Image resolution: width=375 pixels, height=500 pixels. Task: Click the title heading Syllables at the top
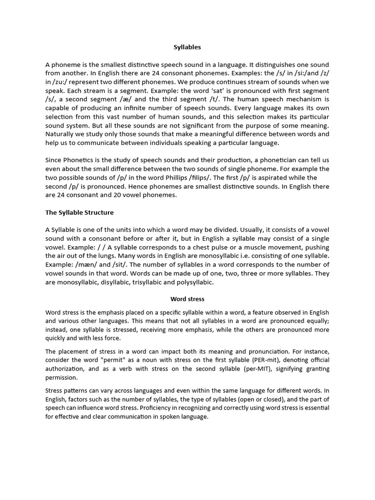click(187, 47)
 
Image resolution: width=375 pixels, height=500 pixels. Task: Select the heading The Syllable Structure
click(79, 212)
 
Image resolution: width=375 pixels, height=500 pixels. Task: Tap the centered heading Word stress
click(187, 298)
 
